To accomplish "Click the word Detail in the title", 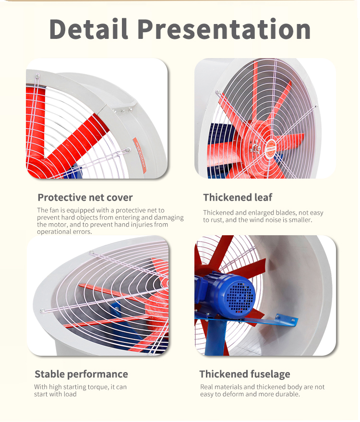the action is [x=88, y=29].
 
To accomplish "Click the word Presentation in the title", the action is [x=224, y=29].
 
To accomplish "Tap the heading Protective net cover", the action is [x=85, y=197].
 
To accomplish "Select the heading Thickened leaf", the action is [x=238, y=197].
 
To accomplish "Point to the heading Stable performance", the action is [x=81, y=374].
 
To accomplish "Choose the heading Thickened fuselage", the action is [x=245, y=374].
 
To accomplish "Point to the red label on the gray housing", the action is [x=140, y=156].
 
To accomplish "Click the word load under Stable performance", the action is [x=71, y=394].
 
